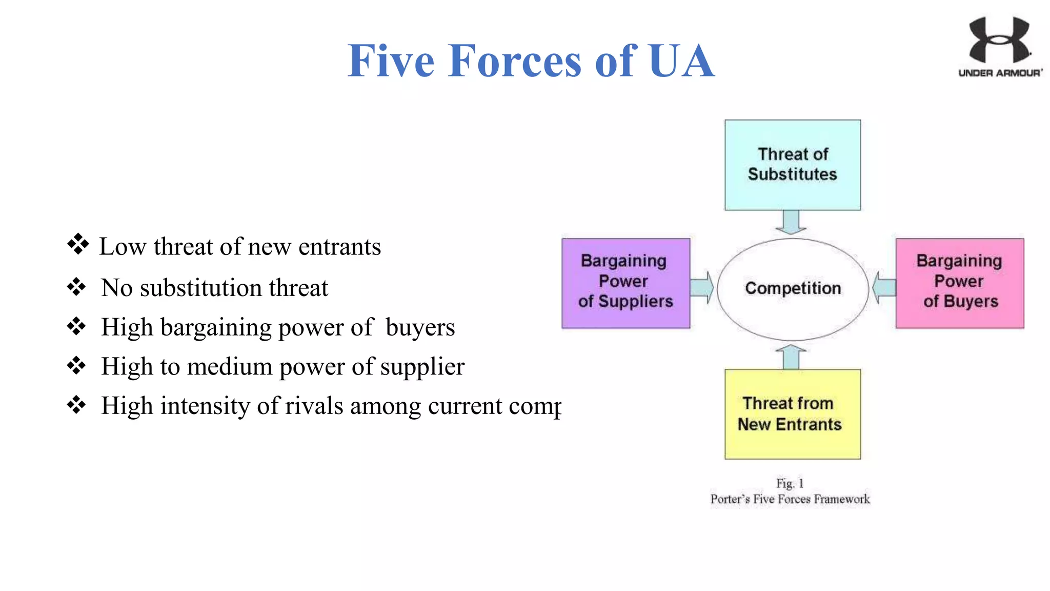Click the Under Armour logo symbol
click(x=999, y=40)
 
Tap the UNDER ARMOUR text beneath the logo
click(x=1000, y=73)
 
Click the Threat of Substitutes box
click(x=792, y=165)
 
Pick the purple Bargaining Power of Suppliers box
click(x=625, y=283)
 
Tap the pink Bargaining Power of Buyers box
click(x=959, y=283)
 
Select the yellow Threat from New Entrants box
click(x=792, y=414)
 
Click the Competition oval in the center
click(x=793, y=288)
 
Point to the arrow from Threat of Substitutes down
click(x=791, y=222)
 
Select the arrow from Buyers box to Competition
click(x=883, y=287)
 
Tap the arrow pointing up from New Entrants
click(x=791, y=357)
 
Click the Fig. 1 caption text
click(x=790, y=483)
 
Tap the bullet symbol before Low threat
click(x=78, y=244)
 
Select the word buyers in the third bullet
click(x=420, y=327)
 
